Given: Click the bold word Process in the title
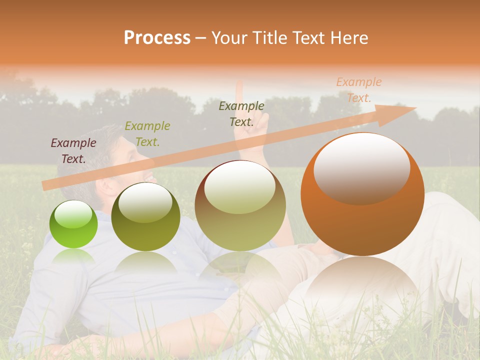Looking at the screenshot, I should (157, 38).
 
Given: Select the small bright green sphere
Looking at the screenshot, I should (73, 224).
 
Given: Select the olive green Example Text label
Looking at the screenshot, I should (147, 134).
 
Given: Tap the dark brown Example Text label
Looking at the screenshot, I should (241, 114).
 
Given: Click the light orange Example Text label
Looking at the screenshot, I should (358, 90).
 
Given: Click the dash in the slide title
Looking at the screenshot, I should (201, 38).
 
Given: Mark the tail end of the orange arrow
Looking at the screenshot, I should (45, 186).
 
